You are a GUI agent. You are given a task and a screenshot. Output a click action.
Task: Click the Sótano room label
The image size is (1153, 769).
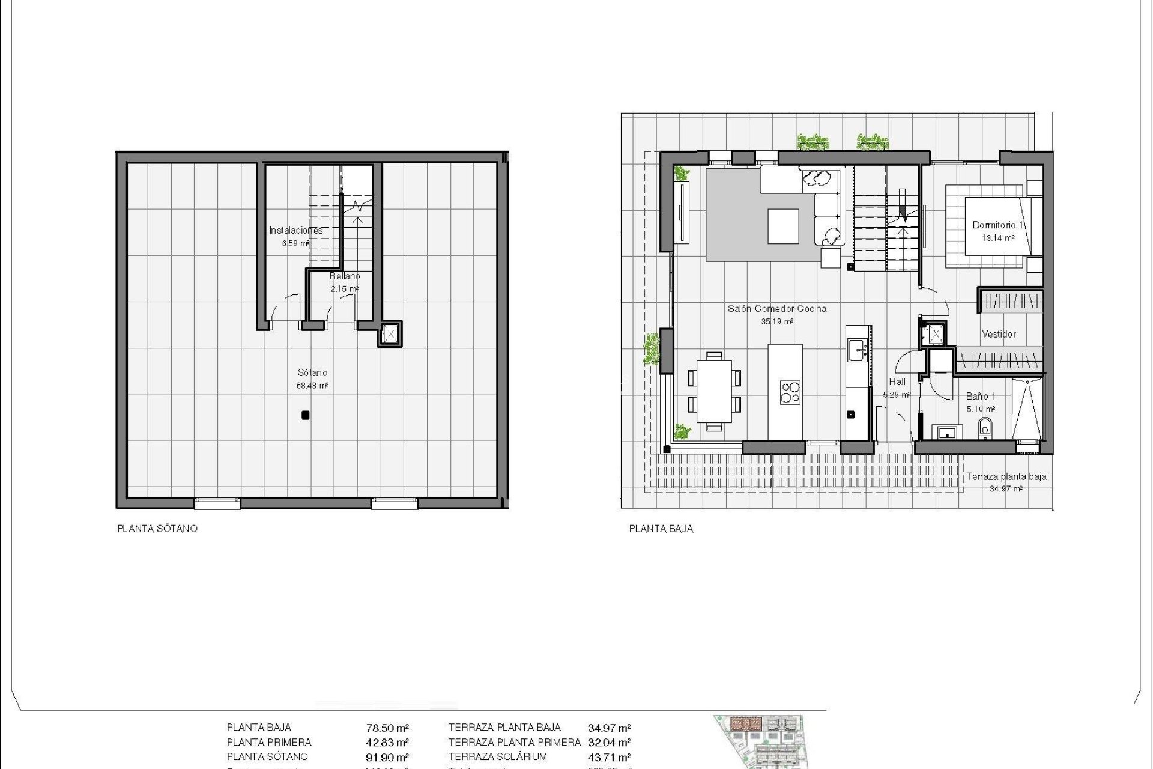(x=312, y=373)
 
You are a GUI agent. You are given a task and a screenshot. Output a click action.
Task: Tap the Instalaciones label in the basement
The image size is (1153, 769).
(x=295, y=230)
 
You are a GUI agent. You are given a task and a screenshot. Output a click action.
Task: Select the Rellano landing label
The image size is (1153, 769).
(x=345, y=276)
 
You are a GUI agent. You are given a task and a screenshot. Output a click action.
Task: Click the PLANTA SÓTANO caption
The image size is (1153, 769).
(x=157, y=529)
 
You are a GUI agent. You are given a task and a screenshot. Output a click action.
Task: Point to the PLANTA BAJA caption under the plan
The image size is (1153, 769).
(x=661, y=529)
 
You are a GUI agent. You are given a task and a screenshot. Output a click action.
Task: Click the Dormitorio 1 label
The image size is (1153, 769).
(x=997, y=225)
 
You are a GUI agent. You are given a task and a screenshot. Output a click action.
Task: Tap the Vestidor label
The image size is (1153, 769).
(x=999, y=334)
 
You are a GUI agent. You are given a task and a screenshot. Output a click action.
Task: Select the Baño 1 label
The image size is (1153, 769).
(x=981, y=397)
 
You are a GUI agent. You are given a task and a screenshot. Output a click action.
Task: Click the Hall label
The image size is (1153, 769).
(x=897, y=381)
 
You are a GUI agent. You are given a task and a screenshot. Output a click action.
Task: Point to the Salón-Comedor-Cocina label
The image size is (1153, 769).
(x=777, y=309)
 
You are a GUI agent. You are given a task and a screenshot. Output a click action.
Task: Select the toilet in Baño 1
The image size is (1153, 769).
(x=985, y=427)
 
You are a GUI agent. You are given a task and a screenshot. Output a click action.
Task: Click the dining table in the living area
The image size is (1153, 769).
(x=714, y=391)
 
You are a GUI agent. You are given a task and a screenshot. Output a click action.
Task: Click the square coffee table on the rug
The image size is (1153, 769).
(x=783, y=226)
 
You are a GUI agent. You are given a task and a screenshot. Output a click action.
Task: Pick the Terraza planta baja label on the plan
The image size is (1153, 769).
(x=1006, y=476)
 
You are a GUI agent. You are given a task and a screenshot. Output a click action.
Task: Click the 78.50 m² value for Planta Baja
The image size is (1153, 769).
(x=387, y=728)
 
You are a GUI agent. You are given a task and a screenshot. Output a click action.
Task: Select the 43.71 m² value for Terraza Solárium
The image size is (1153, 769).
(x=609, y=758)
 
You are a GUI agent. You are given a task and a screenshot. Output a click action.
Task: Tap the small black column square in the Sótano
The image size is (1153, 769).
(x=305, y=415)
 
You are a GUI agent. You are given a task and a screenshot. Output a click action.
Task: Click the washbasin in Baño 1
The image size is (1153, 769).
(x=947, y=431)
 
